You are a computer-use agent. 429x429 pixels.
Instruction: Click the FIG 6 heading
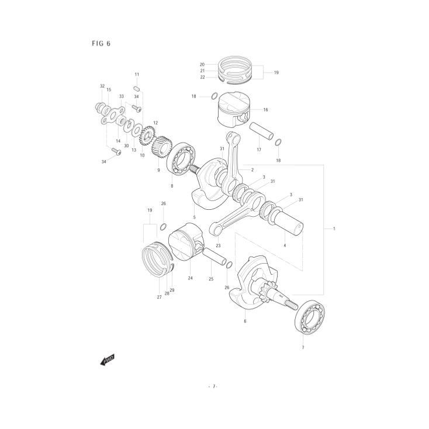[101, 44]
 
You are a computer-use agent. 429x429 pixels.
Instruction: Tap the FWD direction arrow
[108, 360]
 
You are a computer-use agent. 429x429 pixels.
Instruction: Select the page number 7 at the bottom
[214, 386]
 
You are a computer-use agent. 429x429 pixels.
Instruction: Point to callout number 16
[265, 109]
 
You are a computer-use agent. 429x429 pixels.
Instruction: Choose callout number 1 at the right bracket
[334, 229]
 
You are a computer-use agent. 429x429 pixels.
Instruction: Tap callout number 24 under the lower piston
[190, 278]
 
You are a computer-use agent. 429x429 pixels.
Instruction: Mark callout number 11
[137, 75]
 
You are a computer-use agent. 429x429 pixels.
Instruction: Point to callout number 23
[217, 245]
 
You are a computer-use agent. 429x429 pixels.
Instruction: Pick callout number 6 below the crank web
[245, 321]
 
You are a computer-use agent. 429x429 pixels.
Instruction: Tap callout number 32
[102, 87]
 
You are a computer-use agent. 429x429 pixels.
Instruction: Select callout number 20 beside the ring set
[202, 64]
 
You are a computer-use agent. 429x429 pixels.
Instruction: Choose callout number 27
[159, 297]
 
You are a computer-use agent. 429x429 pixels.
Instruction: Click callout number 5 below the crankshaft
[194, 217]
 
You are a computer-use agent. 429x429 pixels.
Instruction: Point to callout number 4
[285, 245]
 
